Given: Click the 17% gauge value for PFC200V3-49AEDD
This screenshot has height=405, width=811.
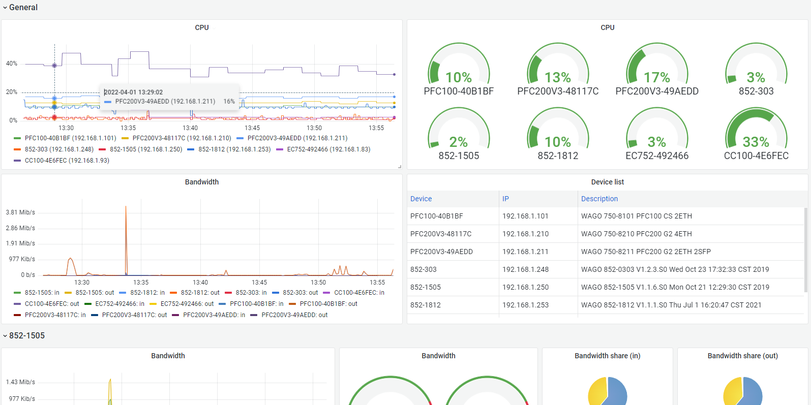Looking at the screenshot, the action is pos(657,77).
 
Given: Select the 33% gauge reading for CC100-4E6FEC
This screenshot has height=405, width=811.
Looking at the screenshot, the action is pos(756,142).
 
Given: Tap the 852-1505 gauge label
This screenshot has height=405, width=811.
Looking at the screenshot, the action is pos(459,155).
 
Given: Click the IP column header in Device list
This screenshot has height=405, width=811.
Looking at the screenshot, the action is pos(505,199).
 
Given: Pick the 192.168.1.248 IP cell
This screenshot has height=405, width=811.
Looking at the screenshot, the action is pos(525,269).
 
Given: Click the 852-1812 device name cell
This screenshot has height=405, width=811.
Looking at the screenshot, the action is pos(426,305).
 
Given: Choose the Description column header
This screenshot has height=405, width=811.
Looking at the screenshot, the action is pos(599,199).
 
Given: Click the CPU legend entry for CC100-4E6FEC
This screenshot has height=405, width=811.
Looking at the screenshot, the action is pos(62,161).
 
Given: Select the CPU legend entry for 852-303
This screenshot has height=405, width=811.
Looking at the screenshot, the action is pos(53,149).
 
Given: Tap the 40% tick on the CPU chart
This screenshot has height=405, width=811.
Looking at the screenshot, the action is pos(12,64).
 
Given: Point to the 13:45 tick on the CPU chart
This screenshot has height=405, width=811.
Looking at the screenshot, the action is pos(252,128).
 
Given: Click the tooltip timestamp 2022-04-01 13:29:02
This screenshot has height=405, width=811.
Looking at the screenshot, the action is pos(134,92).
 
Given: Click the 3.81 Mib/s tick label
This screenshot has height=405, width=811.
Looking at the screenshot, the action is pos(20,212).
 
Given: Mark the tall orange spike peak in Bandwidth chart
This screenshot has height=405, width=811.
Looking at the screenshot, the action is pos(126,206).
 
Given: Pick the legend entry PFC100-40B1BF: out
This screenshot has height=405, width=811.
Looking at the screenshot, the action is pos(323,304).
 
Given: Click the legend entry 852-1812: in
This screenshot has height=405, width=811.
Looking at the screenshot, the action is pos(142,292).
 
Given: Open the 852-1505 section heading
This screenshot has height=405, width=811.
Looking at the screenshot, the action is pos(27,335).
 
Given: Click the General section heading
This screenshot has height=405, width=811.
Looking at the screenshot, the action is pos(23,7).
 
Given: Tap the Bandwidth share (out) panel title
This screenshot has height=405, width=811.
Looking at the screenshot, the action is pos(742,356).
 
